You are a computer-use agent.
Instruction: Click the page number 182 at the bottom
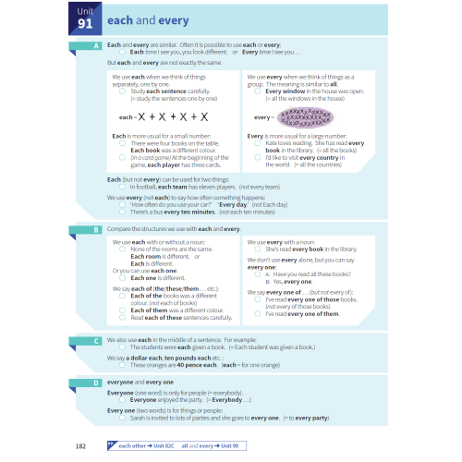point(81,445)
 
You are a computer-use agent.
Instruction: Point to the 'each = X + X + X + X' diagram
point(164,117)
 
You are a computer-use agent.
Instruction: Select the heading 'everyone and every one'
point(140,382)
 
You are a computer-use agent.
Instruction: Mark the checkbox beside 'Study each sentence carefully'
point(123,91)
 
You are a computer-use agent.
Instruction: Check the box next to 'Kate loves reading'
point(259,143)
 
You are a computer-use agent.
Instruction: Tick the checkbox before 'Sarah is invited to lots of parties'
point(123,418)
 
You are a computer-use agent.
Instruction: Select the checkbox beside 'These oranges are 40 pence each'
point(123,365)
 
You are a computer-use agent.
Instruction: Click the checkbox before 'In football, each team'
point(123,187)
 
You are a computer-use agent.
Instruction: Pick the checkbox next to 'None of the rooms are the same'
point(123,249)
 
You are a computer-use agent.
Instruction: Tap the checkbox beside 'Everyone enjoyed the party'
point(123,400)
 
